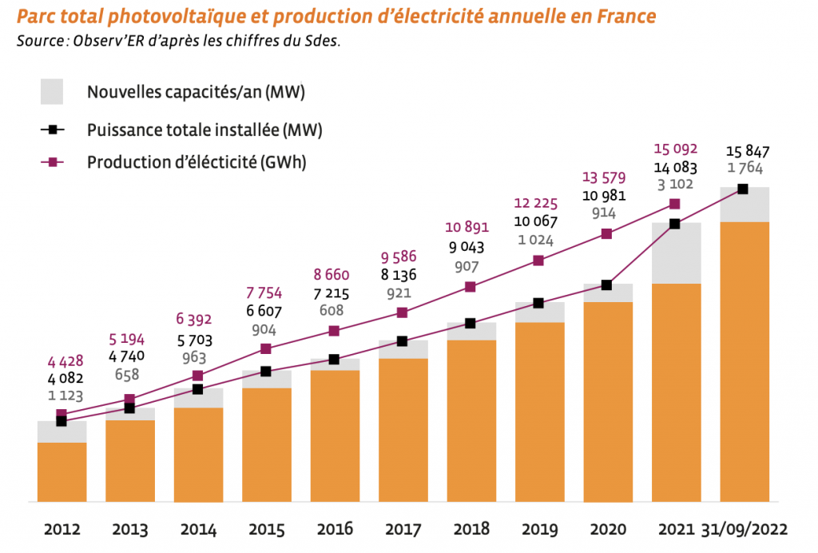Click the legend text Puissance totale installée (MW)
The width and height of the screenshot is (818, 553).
click(204, 129)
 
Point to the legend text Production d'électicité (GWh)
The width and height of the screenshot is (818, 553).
click(197, 161)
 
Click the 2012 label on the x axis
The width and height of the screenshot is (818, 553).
click(62, 529)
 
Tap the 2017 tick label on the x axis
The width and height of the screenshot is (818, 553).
click(403, 529)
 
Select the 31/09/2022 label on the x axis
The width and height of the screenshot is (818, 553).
click(744, 529)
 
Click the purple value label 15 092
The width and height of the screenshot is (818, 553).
click(675, 149)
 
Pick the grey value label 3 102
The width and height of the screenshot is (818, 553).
click(675, 185)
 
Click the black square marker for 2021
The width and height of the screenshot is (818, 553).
click(675, 224)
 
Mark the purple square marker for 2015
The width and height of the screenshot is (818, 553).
click(266, 348)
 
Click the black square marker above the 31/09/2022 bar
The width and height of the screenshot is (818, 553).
click(743, 189)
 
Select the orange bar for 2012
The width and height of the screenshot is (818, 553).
click(62, 471)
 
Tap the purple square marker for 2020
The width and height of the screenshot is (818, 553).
click(606, 234)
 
